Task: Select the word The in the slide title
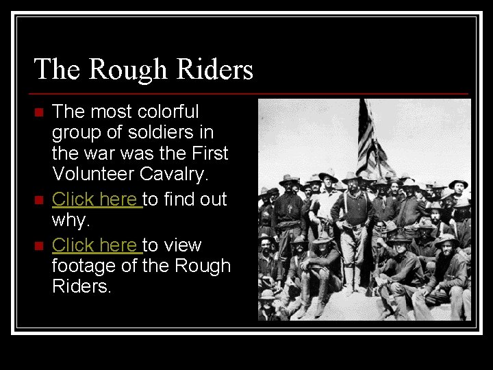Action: coord(57,69)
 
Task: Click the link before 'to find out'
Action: coord(97,199)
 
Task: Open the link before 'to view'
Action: coord(97,245)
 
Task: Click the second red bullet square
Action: coord(38,200)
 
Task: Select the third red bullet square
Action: coord(38,245)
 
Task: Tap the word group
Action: coord(77,132)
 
